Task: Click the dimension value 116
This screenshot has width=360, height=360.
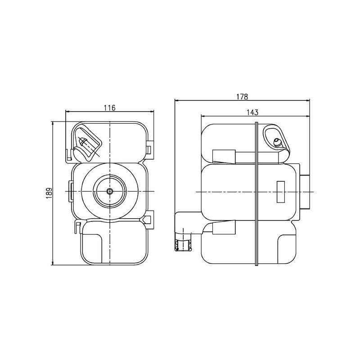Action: (x=110, y=108)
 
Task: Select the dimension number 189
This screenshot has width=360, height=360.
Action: (x=49, y=192)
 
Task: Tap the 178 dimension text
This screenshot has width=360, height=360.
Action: (x=242, y=96)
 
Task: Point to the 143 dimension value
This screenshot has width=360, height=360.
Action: (x=252, y=112)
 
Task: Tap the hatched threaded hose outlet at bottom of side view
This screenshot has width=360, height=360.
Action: (x=184, y=245)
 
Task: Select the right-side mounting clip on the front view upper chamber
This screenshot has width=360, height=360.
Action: (x=150, y=149)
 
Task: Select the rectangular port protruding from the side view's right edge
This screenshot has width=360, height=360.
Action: (x=307, y=192)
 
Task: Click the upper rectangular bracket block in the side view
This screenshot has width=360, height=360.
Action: (x=224, y=156)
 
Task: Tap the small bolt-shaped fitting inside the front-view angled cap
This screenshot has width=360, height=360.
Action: (x=85, y=143)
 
